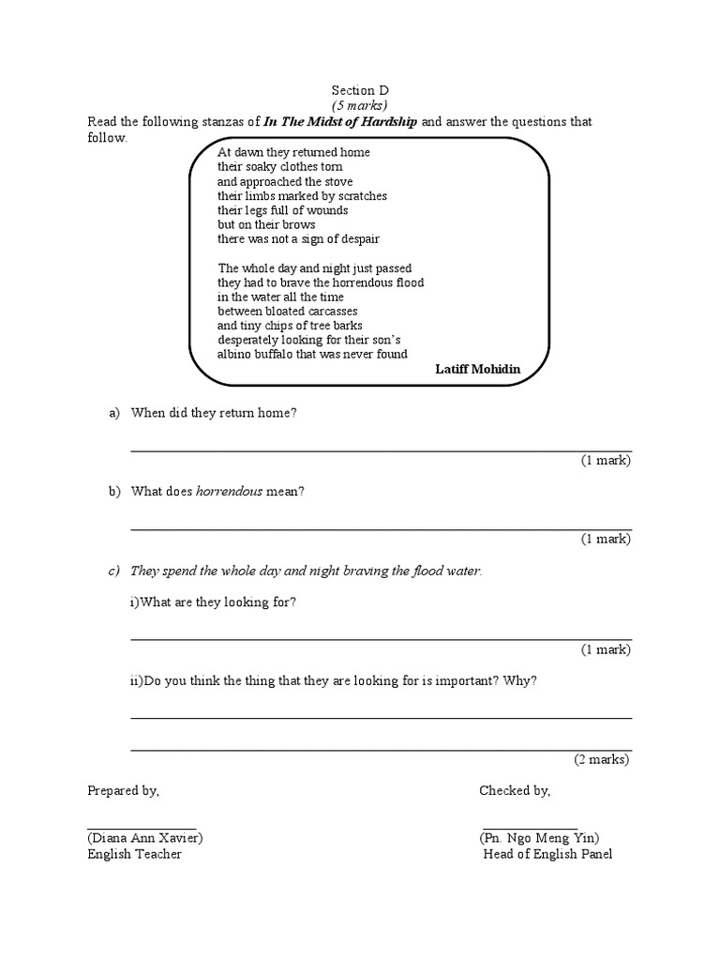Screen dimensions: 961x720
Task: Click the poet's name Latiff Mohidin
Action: pyautogui.click(x=477, y=370)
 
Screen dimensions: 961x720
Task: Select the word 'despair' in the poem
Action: pyautogui.click(x=358, y=239)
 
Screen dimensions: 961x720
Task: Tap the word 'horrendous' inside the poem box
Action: pyautogui.click(x=359, y=282)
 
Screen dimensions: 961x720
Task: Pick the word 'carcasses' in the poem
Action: pyautogui.click(x=328, y=312)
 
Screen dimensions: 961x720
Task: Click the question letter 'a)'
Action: pyautogui.click(x=115, y=413)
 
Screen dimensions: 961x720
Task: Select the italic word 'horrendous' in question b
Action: pyautogui.click(x=229, y=491)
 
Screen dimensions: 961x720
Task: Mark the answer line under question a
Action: pyautogui.click(x=380, y=451)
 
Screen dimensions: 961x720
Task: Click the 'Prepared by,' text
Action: pyautogui.click(x=124, y=791)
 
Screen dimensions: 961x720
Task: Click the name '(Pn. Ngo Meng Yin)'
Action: pyautogui.click(x=539, y=838)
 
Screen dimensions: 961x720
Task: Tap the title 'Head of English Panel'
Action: pyautogui.click(x=547, y=854)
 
